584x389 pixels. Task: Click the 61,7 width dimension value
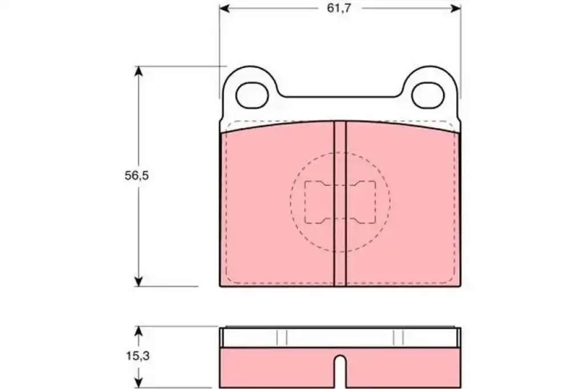click(x=339, y=8)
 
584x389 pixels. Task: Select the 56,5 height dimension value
click(x=136, y=176)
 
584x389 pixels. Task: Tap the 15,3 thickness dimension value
click(x=137, y=356)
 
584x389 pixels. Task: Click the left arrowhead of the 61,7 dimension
click(x=224, y=8)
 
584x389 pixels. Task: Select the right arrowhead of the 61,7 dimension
click(x=456, y=8)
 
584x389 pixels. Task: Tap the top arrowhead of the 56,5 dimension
click(x=139, y=71)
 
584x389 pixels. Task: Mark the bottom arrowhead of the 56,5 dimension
click(x=139, y=281)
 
